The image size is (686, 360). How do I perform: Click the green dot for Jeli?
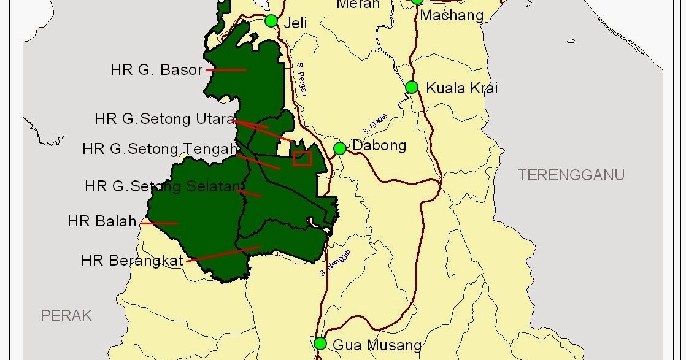(271, 21)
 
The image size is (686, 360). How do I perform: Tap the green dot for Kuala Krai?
(412, 87)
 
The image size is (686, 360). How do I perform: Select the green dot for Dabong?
(339, 148)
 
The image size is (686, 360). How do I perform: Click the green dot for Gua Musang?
(320, 343)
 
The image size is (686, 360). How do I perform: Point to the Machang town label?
(452, 15)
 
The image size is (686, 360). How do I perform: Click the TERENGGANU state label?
(571, 175)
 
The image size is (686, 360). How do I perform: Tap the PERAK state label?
(66, 316)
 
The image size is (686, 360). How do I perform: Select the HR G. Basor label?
(156, 70)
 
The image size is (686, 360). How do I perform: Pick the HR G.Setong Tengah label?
(160, 149)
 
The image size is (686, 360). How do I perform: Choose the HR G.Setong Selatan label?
(161, 186)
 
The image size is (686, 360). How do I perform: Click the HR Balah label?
(102, 221)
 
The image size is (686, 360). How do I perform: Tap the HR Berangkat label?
(132, 261)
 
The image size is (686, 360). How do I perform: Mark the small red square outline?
(303, 159)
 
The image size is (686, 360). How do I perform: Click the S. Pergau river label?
(301, 80)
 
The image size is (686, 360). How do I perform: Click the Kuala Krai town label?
(462, 88)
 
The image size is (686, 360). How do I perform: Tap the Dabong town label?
(379, 146)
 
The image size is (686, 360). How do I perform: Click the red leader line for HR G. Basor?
(226, 70)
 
